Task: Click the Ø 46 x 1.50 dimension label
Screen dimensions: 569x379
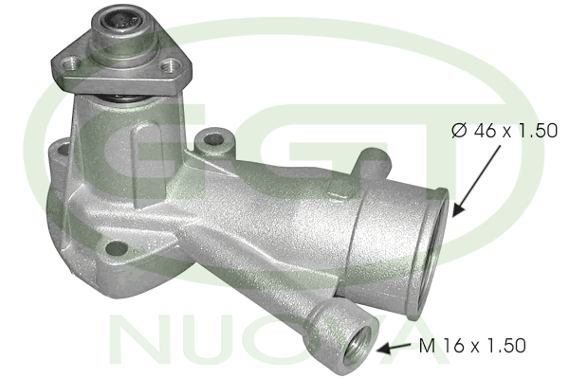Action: click(505, 131)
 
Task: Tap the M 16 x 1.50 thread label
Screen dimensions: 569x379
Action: click(472, 346)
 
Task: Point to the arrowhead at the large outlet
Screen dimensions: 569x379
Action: click(457, 210)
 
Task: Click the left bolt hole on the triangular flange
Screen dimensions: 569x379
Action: click(70, 64)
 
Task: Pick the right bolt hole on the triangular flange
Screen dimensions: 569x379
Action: click(171, 65)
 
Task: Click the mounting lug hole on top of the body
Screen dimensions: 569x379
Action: click(213, 138)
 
